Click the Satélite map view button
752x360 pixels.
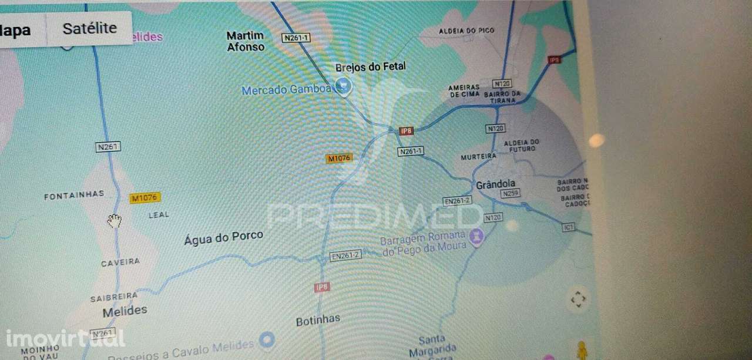tap(89, 28)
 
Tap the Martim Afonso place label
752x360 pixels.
tap(246, 41)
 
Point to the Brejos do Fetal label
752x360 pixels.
tap(370, 67)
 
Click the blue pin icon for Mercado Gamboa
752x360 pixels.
tap(343, 88)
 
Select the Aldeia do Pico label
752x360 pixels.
tap(467, 31)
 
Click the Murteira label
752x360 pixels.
tap(478, 157)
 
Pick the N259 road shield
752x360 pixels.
tap(511, 193)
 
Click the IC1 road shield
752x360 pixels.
tap(568, 227)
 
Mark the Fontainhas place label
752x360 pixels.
tap(74, 195)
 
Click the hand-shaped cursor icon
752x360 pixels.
tap(114, 221)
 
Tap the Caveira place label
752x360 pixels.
tap(120, 263)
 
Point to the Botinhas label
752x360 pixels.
tap(318, 320)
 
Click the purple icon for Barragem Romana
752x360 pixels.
tap(476, 237)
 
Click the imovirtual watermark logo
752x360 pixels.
tap(65, 338)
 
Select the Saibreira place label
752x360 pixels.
tap(114, 297)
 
